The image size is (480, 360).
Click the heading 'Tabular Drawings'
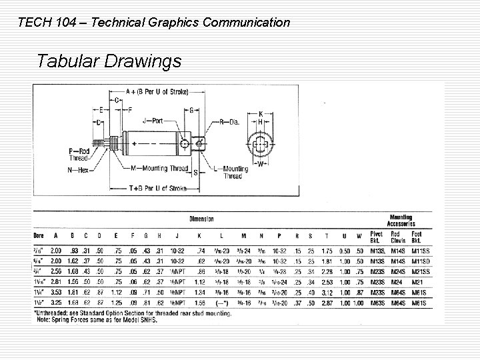tap(109, 62)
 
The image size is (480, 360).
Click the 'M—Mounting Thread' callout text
tap(159, 167)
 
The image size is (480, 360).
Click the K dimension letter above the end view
tap(261, 113)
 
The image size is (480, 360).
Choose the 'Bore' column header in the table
tap(41, 235)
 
